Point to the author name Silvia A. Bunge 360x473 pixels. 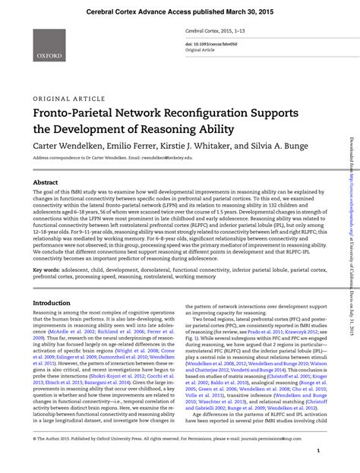click(x=272, y=144)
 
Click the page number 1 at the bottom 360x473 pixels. click(x=317, y=451)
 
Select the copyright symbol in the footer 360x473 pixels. click(x=34, y=439)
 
